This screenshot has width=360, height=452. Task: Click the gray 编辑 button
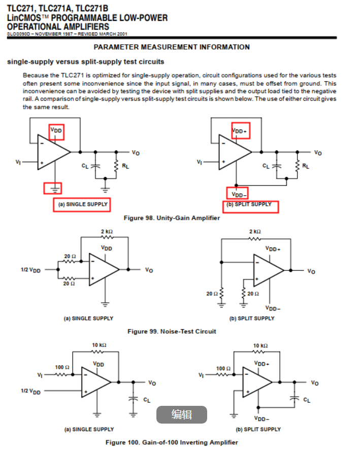pos(181,414)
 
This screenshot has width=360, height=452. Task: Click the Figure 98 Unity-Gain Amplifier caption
pos(172,218)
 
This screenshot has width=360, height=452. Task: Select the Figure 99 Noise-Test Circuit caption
pos(172,331)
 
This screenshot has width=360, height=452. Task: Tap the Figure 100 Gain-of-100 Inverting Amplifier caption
pos(172,442)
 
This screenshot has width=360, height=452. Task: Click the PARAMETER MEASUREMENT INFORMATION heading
pos(172,47)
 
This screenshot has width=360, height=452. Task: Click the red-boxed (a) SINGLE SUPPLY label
pos(81,205)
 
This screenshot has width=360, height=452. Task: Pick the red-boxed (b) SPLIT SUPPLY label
pos(251,205)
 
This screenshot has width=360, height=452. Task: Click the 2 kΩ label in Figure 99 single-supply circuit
pos(107,231)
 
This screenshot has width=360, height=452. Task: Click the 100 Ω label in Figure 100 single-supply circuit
pos(62,367)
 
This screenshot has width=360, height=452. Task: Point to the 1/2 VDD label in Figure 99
pos(30,270)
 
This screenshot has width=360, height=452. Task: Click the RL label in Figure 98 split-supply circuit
pos(305,166)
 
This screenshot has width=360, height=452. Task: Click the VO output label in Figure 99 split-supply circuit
pos(311,271)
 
